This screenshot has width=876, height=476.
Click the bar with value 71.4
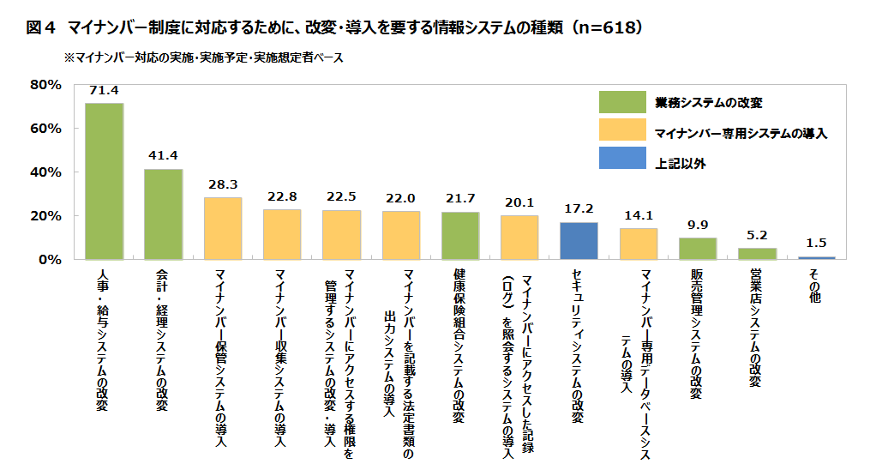point(104,181)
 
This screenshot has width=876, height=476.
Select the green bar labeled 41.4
point(163,214)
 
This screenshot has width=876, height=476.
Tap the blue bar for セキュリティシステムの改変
point(579,240)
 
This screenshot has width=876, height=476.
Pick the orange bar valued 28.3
point(223,228)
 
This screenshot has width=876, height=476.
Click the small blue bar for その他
point(816,257)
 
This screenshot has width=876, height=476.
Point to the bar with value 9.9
point(697,248)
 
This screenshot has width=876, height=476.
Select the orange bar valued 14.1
point(638,244)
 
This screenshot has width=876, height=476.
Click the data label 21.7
point(460,199)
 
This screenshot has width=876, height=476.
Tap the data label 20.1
point(519,202)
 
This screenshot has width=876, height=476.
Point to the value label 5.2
point(757,235)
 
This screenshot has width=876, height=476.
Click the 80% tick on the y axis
point(45,85)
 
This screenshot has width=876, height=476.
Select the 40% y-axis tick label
point(45,172)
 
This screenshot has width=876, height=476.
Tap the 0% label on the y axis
point(48,259)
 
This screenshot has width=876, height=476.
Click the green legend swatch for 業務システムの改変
point(622,102)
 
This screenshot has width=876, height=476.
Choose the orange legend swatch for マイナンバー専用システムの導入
point(622,130)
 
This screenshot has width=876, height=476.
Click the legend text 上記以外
point(681,160)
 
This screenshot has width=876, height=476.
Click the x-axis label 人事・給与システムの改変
point(104,338)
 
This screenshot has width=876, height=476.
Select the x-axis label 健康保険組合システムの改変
point(459,345)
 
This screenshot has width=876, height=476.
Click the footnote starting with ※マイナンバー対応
point(205,58)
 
